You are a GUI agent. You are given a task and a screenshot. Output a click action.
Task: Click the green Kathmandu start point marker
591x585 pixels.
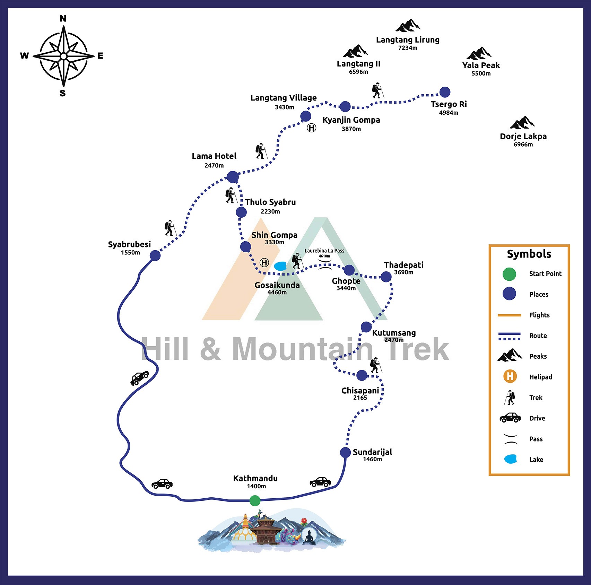coord(255,500)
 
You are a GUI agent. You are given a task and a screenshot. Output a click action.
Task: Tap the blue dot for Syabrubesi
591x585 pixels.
coord(155,255)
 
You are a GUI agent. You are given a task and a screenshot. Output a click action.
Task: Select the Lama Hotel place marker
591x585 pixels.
coord(233,177)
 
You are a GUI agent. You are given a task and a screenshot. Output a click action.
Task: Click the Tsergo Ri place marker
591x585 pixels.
coord(445,92)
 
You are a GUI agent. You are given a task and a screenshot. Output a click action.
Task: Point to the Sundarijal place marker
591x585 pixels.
coord(345,452)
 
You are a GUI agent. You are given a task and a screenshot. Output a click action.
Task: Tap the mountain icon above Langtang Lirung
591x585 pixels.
coord(408,26)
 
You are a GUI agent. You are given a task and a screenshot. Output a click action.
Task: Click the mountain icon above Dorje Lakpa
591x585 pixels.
coord(522,123)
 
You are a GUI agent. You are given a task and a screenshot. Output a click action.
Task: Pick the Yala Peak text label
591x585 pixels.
coord(481,65)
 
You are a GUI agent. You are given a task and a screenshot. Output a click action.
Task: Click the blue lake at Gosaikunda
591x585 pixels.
coord(280,266)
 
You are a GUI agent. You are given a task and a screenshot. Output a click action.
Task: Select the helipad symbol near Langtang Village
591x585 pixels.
coord(312,128)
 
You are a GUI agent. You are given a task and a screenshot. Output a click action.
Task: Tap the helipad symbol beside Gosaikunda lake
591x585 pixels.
coord(264,263)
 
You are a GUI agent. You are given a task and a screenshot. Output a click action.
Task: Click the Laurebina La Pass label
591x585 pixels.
coord(324,251)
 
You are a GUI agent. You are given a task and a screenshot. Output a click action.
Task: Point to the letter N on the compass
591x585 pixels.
coord(63,19)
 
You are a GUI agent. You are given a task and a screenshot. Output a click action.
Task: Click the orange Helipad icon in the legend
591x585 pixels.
coord(510,376)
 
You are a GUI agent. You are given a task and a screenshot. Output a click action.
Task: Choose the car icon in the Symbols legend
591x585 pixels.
coord(510,418)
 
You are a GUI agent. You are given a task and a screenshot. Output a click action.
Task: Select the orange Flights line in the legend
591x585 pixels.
coord(509,315)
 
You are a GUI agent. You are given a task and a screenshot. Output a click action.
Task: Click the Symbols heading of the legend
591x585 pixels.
coord(529,254)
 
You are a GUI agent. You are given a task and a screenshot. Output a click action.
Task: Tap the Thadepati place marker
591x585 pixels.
coord(386,277)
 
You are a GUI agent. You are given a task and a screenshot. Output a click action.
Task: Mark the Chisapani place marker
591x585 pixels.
coord(362,375)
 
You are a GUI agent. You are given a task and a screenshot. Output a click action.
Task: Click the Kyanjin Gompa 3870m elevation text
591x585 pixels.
coord(351,129)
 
